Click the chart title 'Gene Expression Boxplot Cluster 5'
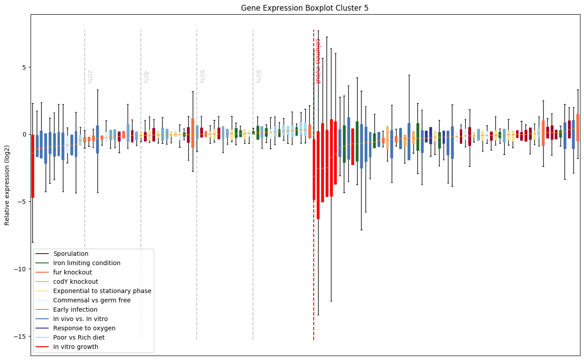[x=305, y=8]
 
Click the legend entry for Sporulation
[x=71, y=254]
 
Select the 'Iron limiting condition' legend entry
[x=87, y=263]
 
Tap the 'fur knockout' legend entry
[x=73, y=273]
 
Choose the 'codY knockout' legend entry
[x=76, y=282]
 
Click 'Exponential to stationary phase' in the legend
[x=102, y=291]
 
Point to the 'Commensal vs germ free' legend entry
[x=89, y=301]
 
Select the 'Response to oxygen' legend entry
[x=84, y=329]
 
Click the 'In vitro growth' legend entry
[x=76, y=347]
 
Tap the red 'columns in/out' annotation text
[x=318, y=61]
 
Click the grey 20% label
[x=90, y=77]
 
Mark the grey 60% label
[x=202, y=77]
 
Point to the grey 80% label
[x=258, y=77]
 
